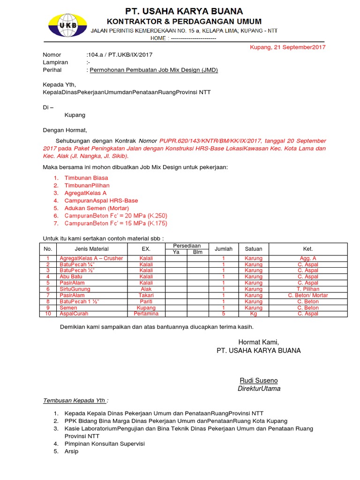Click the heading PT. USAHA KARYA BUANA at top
coord(184,11)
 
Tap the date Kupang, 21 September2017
coord(287,47)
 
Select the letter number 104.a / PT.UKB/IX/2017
coord(120,55)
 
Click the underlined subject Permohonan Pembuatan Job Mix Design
coord(154,70)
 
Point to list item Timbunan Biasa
coord(86,178)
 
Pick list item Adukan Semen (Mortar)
coord(96,208)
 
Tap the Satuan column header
coord(254,249)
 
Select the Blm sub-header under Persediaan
coord(198,252)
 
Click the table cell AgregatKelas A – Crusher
coord(91,258)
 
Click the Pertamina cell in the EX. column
coord(146,314)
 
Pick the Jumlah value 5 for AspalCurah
coord(224,314)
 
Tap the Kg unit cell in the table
coord(254,314)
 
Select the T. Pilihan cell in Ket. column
coord(307,289)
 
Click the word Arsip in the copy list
coord(71,451)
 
